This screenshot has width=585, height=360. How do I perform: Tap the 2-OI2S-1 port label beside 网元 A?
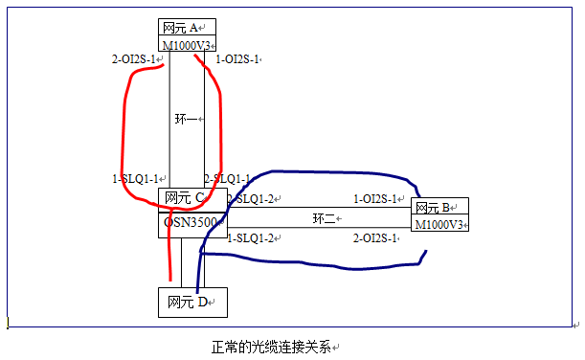click(x=135, y=59)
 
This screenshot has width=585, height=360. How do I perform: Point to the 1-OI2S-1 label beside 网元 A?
click(x=238, y=59)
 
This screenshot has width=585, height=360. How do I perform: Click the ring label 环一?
click(x=186, y=120)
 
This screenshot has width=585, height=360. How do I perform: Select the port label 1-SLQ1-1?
click(x=136, y=179)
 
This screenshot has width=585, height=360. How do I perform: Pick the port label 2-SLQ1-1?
click(x=228, y=179)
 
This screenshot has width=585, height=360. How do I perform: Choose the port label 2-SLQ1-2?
click(x=251, y=198)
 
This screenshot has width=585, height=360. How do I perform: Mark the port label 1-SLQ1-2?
click(x=252, y=237)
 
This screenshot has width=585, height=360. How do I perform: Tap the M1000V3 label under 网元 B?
click(x=440, y=224)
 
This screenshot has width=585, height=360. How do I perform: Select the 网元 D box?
click(x=191, y=303)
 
